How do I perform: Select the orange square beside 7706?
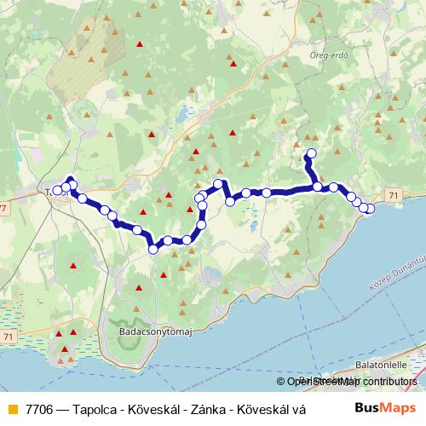tap(11, 408)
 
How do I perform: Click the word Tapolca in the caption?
tap(99, 408)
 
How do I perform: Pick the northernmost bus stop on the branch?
tap(310, 154)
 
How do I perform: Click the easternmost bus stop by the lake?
tap(370, 209)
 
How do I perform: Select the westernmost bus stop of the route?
tap(57, 191)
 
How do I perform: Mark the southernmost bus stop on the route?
tap(153, 249)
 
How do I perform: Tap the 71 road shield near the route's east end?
tap(393, 195)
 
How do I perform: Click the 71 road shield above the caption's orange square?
tap(8, 337)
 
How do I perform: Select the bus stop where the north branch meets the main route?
tap(317, 187)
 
